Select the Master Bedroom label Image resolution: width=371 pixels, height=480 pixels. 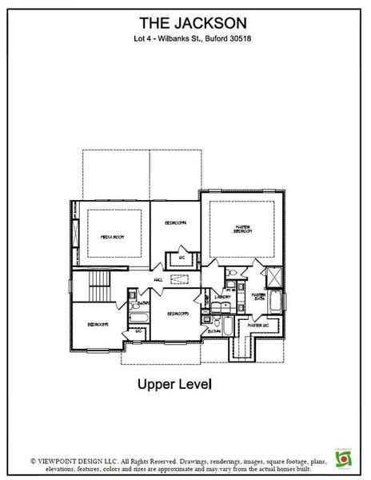[x=242, y=229]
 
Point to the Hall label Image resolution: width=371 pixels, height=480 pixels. [x=158, y=279]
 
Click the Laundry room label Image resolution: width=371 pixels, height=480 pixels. [x=223, y=297]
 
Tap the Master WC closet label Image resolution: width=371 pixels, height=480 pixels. [x=257, y=326]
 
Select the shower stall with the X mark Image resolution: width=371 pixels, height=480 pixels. [x=273, y=277]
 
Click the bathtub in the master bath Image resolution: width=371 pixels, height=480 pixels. [x=277, y=304]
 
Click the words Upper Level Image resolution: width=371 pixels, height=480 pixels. [x=174, y=385]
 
